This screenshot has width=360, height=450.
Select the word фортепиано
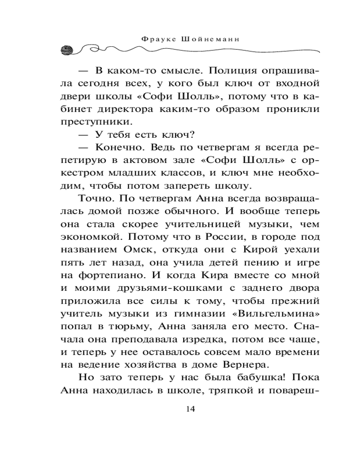[107, 275]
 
